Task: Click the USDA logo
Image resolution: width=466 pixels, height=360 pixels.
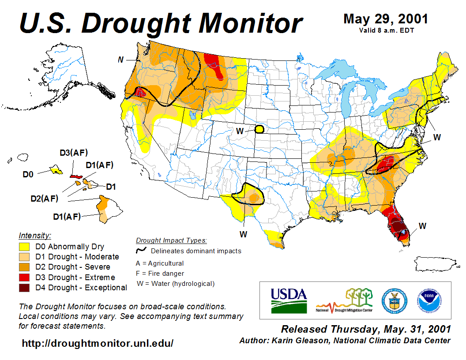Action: (289, 300)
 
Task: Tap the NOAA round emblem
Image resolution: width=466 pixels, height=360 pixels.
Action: (428, 300)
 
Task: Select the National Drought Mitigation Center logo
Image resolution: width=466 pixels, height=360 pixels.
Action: (345, 300)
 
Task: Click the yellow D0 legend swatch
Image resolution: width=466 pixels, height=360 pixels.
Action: (24, 247)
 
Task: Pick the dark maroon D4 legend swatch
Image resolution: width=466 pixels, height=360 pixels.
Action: (24, 288)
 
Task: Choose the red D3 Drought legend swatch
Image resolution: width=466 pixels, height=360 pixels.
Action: (24, 277)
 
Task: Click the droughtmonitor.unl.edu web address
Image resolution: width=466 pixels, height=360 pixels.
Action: (98, 343)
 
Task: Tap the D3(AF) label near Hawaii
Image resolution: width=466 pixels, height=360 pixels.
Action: (74, 153)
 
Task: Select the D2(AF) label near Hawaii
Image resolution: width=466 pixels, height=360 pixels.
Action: (44, 198)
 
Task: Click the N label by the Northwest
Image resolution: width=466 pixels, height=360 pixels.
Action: (120, 60)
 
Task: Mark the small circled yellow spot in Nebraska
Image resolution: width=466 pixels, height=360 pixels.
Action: (259, 129)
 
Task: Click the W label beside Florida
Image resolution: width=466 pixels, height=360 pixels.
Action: (422, 226)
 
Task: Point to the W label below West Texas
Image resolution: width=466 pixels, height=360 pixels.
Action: (243, 233)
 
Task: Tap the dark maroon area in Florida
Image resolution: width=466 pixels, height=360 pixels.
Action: (399, 228)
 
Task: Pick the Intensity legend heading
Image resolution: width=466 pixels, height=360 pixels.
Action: (35, 236)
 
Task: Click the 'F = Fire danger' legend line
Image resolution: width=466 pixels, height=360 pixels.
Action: (160, 274)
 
